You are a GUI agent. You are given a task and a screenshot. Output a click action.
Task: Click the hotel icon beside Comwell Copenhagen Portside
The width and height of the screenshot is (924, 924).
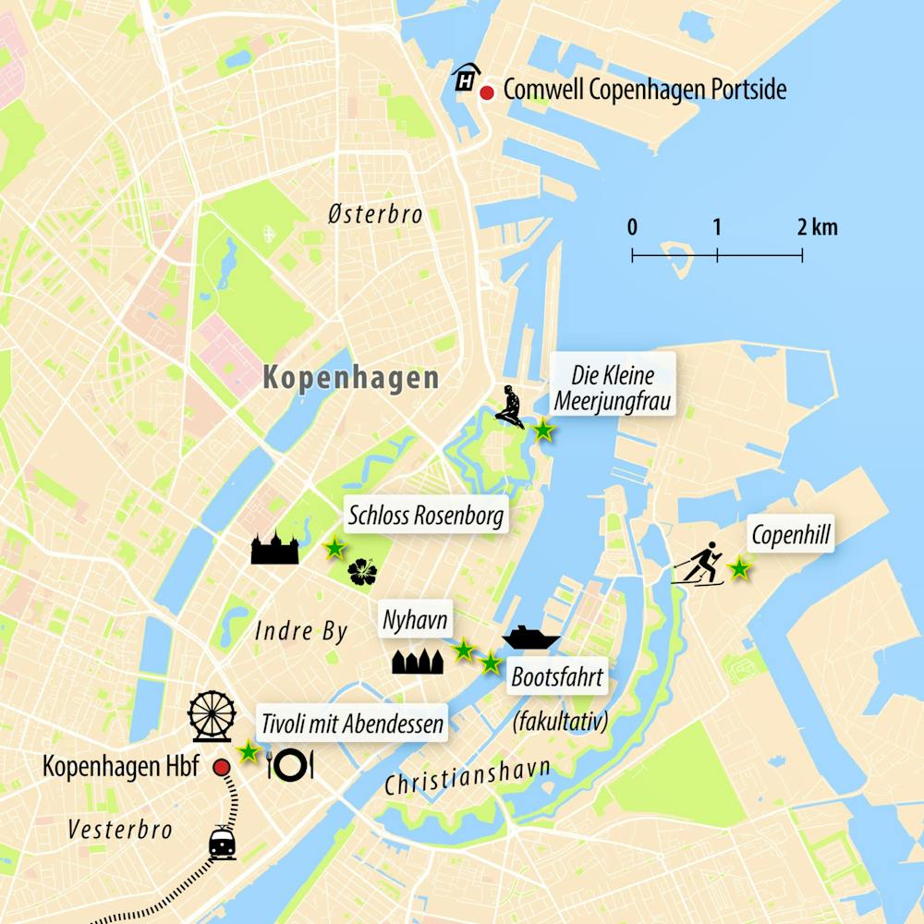464,79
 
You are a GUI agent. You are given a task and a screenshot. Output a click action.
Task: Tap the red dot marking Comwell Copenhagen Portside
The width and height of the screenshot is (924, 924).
486,91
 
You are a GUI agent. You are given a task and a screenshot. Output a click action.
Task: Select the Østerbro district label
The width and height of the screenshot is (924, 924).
375,215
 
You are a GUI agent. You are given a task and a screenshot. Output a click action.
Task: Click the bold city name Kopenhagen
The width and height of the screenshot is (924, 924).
350,378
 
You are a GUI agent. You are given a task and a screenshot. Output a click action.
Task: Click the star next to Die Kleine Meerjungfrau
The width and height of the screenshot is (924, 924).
544,430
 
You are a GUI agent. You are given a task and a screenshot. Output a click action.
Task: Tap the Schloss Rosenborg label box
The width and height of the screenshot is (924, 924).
426,515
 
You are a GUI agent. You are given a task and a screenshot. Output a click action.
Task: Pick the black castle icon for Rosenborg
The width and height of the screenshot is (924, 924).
275,548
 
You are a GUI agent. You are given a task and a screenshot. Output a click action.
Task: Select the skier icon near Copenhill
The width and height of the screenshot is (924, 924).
699,565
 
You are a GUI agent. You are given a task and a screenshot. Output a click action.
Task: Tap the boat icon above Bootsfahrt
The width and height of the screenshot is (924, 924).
531,638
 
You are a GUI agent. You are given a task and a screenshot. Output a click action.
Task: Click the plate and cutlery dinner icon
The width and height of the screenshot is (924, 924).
291,763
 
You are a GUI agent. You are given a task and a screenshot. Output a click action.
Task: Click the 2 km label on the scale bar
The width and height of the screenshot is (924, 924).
818,227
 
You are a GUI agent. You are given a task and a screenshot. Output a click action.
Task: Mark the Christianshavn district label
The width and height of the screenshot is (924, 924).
468,779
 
